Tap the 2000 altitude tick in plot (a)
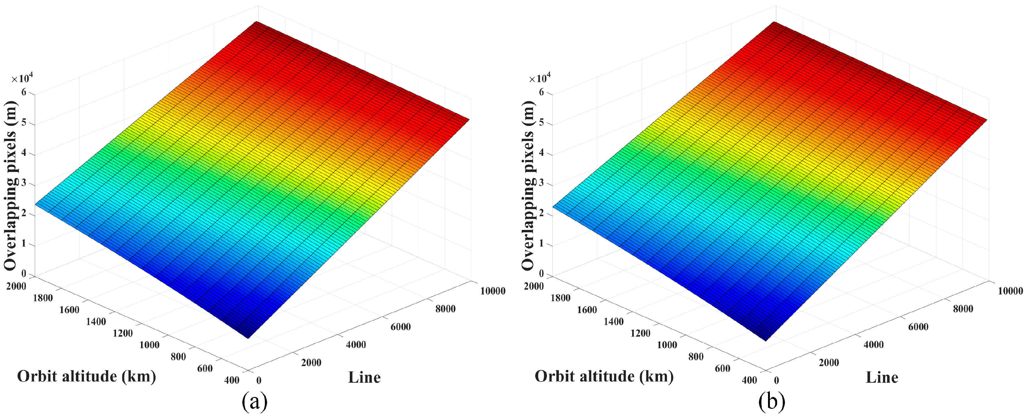pyautogui.click(x=16, y=286)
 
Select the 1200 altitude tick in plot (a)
pyautogui.click(x=123, y=333)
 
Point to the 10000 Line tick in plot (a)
pyautogui.click(x=493, y=291)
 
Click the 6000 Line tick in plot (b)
pyautogui.click(x=918, y=327)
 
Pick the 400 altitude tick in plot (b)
pyautogui.click(x=749, y=380)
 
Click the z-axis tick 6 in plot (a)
pyautogui.click(x=24, y=92)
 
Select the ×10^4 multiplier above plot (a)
pyautogui.click(x=22, y=78)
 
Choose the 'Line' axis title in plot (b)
pyautogui.click(x=882, y=377)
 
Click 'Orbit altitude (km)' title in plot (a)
pyautogui.click(x=87, y=376)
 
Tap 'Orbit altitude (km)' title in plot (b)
pyautogui.click(x=604, y=376)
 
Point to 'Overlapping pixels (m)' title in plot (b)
pyautogui.click(x=528, y=185)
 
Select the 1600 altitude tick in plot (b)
pyautogui.click(x=587, y=310)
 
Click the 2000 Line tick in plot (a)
pyautogui.click(x=311, y=362)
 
